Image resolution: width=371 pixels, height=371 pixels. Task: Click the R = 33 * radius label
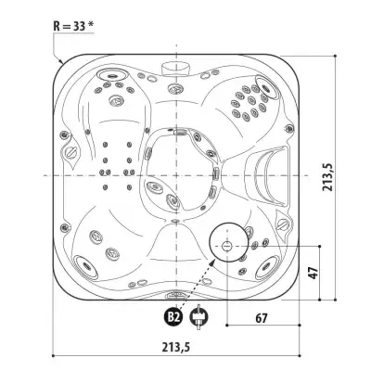pyautogui.click(x=73, y=26)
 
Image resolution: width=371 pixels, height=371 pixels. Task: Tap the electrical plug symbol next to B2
pyautogui.click(x=198, y=317)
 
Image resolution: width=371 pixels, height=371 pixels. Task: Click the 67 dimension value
pyautogui.click(x=262, y=318)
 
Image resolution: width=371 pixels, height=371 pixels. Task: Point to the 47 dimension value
pyautogui.click(x=313, y=273)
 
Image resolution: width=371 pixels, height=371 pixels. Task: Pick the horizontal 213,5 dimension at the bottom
pyautogui.click(x=176, y=347)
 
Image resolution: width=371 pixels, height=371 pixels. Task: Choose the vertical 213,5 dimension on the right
pyautogui.click(x=327, y=177)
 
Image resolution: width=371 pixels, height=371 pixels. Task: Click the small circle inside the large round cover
pyautogui.click(x=227, y=246)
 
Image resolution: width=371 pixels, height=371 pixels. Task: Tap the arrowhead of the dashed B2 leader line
pyautogui.click(x=212, y=262)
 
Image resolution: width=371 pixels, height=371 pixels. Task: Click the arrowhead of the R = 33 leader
pyautogui.click(x=61, y=61)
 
